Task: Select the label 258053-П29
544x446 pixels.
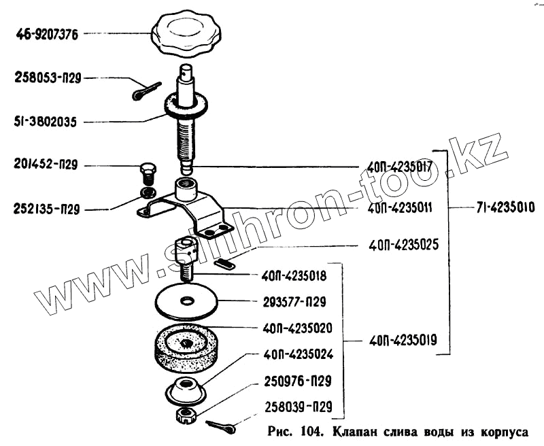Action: pos(48,78)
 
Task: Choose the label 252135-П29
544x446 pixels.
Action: pos(47,210)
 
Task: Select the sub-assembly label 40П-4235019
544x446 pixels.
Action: pos(403,339)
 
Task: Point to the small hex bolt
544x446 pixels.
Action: pos(147,170)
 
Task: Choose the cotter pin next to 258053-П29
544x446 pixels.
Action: pos(146,90)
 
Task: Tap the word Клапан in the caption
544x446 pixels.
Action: pos(359,431)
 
